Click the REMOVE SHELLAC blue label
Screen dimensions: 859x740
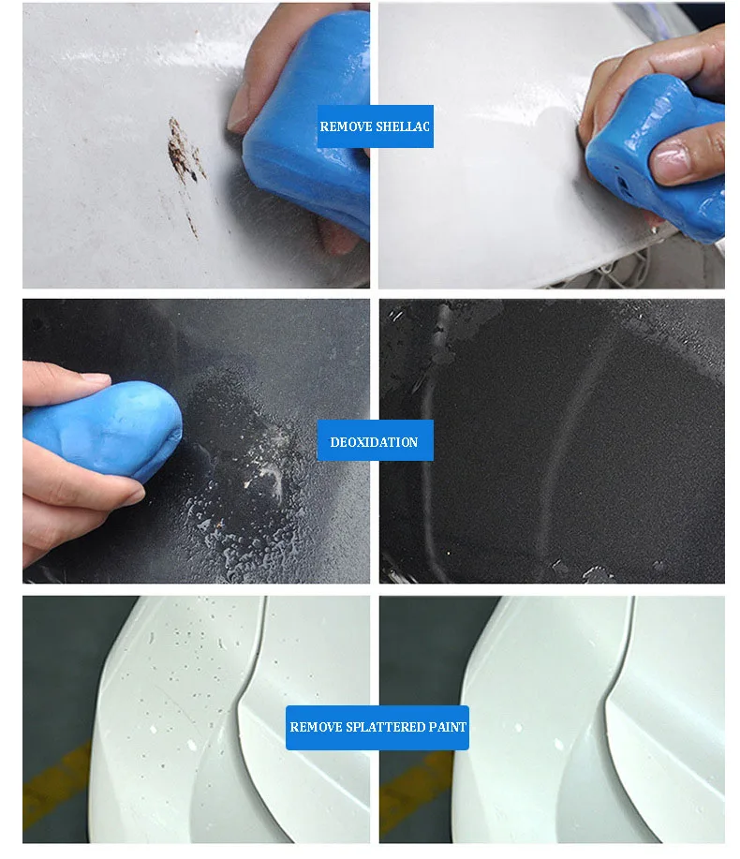tap(375, 126)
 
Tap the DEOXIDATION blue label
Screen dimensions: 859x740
tap(375, 441)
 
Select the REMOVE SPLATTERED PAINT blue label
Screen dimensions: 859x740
tap(377, 727)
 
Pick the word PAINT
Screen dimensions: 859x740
tap(447, 727)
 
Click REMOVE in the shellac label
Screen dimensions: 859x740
tap(346, 126)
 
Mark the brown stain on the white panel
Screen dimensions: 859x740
tap(185, 155)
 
